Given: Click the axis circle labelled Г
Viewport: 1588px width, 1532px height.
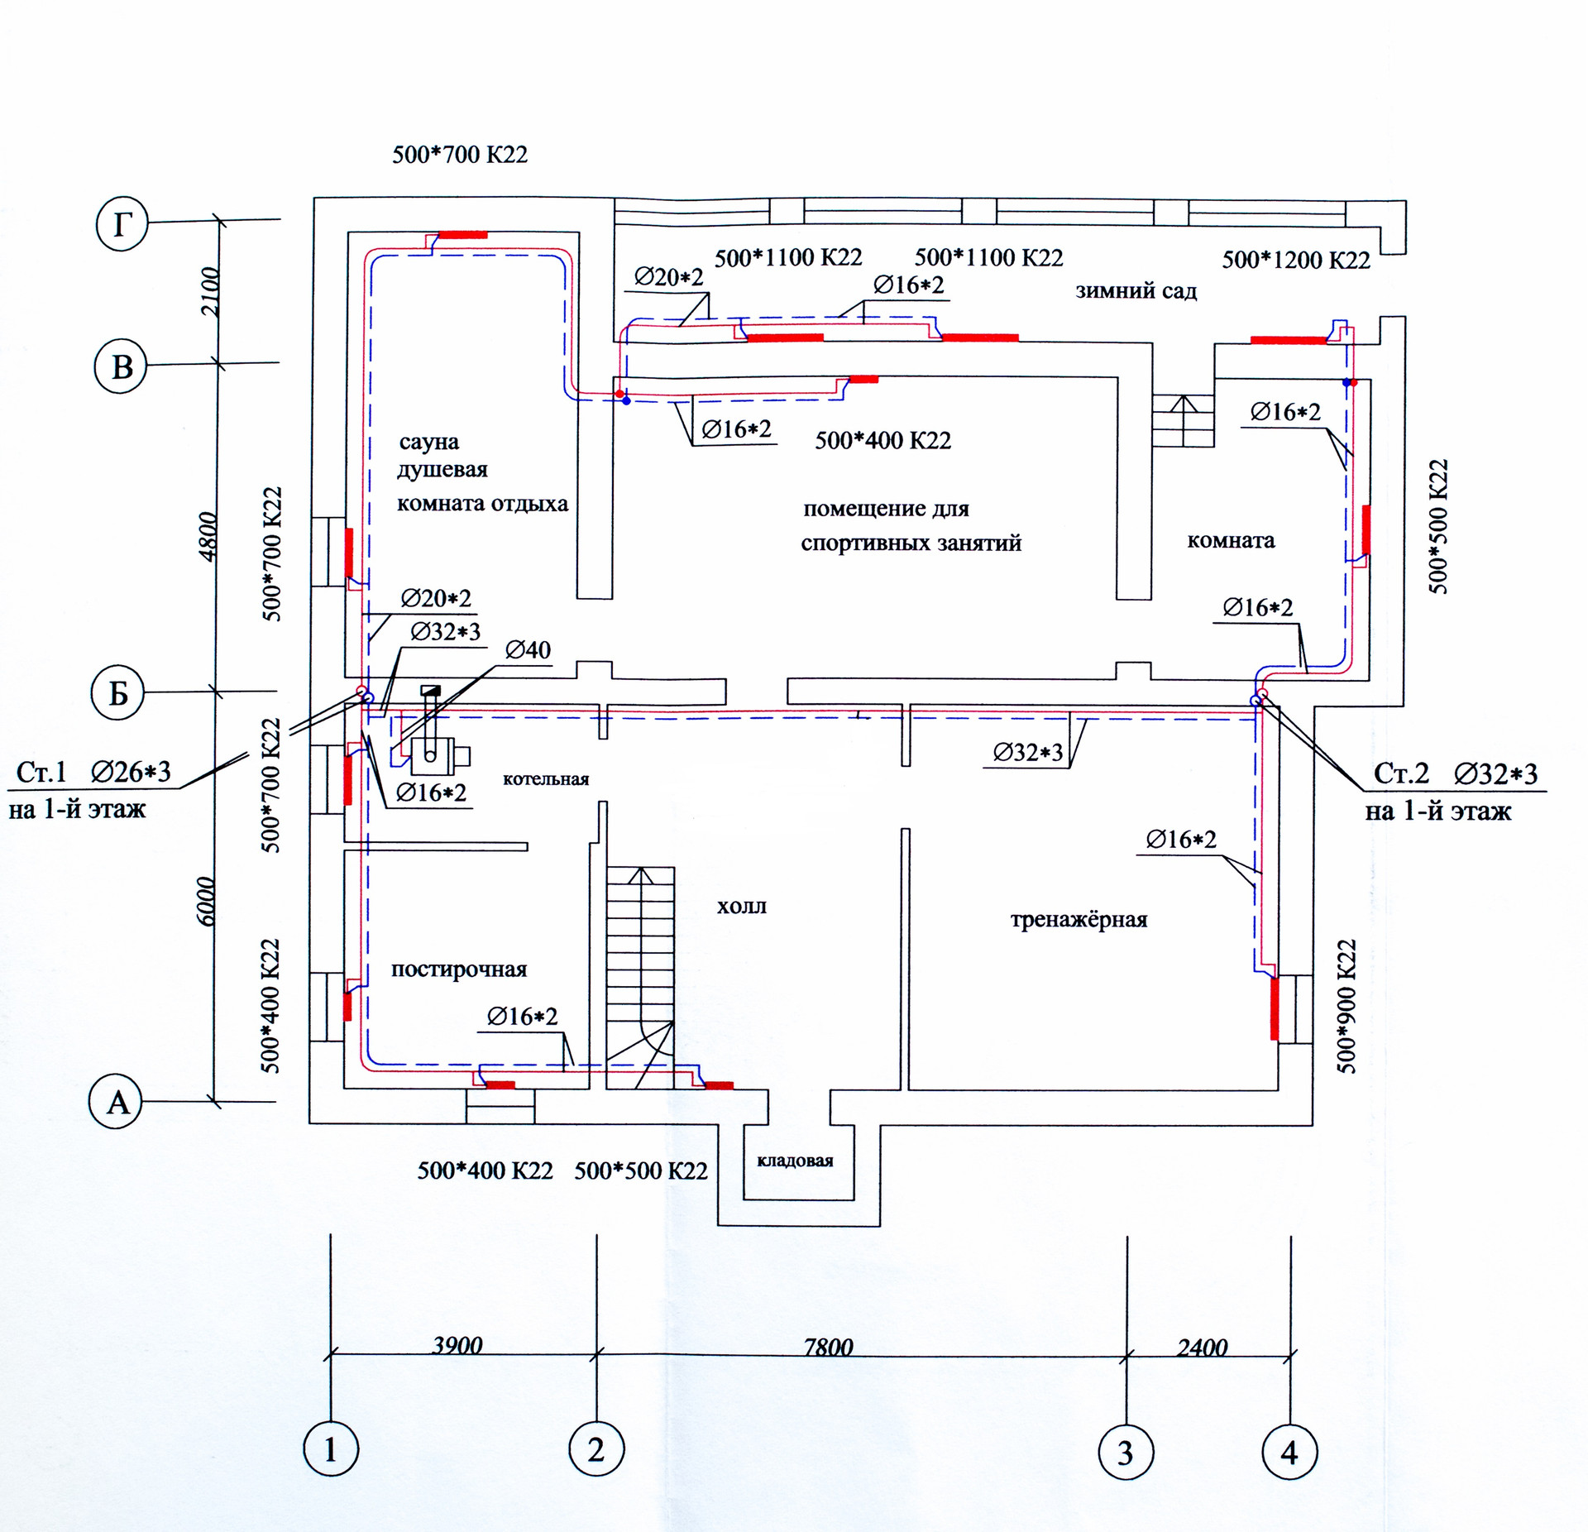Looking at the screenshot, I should click(122, 224).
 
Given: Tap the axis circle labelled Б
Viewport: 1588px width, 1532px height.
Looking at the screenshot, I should click(117, 694).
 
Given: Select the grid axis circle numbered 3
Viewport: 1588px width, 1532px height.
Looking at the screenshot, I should click(1126, 1453).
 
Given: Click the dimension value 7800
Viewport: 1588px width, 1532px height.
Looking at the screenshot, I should click(828, 1348).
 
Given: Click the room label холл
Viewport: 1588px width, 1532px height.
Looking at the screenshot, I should click(741, 907).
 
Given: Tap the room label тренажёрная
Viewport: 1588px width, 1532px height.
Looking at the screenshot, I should click(1079, 920).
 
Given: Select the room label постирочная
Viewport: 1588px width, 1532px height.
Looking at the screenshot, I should click(459, 969).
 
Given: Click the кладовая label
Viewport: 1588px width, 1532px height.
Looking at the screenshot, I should click(795, 1161).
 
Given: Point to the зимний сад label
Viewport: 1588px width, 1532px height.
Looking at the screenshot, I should click(1136, 291).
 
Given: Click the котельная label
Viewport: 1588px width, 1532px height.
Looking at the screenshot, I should click(546, 779).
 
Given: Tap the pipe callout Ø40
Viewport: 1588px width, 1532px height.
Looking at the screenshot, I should click(528, 650).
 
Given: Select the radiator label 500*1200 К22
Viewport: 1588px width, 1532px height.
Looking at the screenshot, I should click(1296, 261).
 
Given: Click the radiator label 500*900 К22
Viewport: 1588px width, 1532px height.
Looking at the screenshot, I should click(1346, 1006).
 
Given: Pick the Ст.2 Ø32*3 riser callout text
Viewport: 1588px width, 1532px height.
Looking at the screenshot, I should click(1455, 773).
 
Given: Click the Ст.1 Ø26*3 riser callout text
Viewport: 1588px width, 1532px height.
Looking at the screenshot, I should click(93, 772).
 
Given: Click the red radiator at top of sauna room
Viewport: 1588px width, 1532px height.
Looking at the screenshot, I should click(462, 235).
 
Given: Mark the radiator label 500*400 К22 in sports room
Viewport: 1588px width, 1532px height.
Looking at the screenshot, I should click(882, 440).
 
